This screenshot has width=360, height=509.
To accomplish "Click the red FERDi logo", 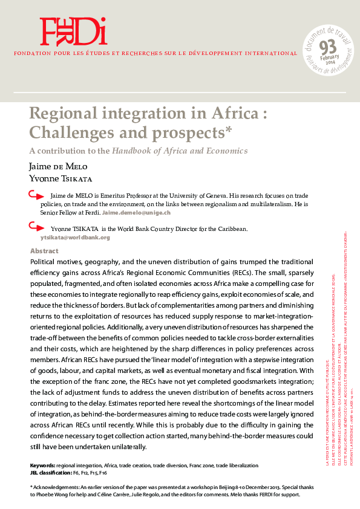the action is [73, 32].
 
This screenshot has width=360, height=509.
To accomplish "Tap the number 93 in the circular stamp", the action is [327, 47].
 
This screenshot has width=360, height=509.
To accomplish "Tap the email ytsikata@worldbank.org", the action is [79, 238].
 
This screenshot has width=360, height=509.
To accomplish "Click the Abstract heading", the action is [44, 251].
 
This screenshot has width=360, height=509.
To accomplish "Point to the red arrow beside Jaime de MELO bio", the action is [36, 195].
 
